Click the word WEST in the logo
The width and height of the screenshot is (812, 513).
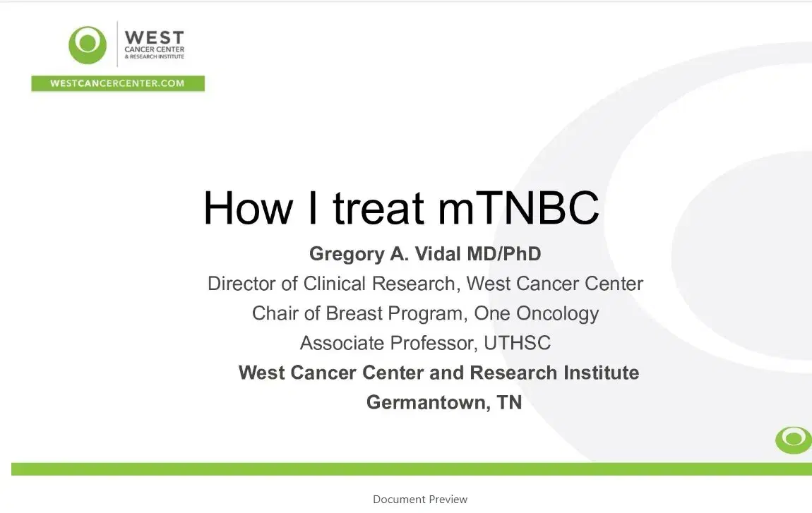(154, 37)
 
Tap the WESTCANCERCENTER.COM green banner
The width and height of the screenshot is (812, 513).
(117, 83)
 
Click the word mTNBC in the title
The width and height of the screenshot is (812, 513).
(518, 207)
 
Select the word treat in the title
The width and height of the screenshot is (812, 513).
(378, 207)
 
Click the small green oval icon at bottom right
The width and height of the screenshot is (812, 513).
(793, 440)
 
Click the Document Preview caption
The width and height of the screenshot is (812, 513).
(420, 500)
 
